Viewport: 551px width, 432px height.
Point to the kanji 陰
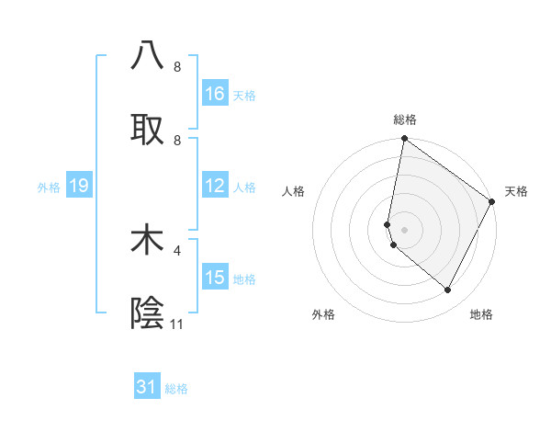tap(147, 313)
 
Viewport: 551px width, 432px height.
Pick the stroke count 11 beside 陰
tap(177, 324)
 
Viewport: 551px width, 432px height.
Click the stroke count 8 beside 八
tap(177, 67)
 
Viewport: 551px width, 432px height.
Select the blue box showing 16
tap(215, 94)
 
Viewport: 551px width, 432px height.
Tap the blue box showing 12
tap(215, 186)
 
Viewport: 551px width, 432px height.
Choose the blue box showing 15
tap(215, 278)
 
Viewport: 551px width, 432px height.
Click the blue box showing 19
tap(79, 186)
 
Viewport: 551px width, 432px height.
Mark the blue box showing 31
tap(147, 387)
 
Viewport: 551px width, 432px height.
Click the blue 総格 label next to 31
tap(176, 389)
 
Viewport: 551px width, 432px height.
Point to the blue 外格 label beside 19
tap(49, 188)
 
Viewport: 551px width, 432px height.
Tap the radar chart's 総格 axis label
tap(405, 119)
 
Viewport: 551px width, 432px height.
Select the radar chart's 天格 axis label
tap(517, 191)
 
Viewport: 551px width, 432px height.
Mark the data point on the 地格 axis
tap(448, 290)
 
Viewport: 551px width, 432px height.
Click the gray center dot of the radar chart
tap(405, 230)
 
